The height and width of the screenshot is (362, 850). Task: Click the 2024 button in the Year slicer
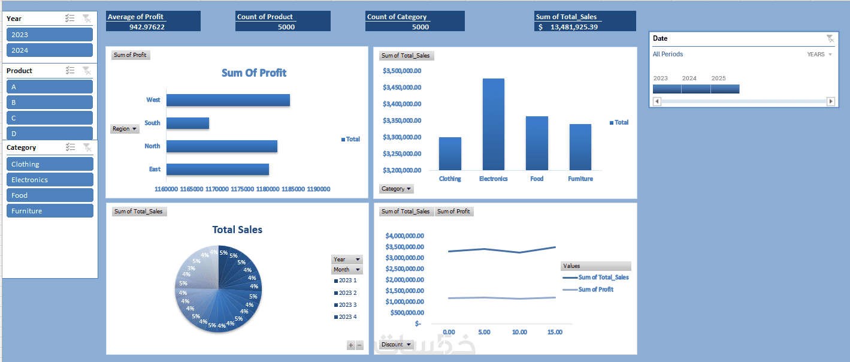point(50,50)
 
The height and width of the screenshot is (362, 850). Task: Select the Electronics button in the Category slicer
point(50,180)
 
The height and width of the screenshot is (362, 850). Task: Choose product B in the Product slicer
point(50,102)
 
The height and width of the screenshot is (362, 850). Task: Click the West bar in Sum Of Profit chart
point(228,100)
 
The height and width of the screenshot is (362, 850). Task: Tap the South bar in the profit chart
point(187,123)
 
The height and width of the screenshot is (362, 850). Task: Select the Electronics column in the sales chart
point(493,124)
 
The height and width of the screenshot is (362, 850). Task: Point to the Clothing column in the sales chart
point(450,153)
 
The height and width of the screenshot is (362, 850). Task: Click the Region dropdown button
point(125,129)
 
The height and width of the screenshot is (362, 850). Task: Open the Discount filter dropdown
point(397,345)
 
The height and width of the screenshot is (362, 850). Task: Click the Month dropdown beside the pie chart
point(347,270)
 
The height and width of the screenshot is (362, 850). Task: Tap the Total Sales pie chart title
point(237,230)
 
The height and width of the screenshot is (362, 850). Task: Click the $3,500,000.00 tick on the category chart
point(402,71)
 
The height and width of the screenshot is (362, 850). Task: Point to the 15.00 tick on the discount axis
point(555,332)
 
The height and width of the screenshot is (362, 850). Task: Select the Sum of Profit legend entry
point(595,289)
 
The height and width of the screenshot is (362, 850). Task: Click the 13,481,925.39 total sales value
point(574,27)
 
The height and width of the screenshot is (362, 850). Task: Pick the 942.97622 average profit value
point(147,27)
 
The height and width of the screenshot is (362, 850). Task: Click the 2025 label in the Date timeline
point(718,79)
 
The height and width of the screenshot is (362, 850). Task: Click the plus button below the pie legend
point(351,345)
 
